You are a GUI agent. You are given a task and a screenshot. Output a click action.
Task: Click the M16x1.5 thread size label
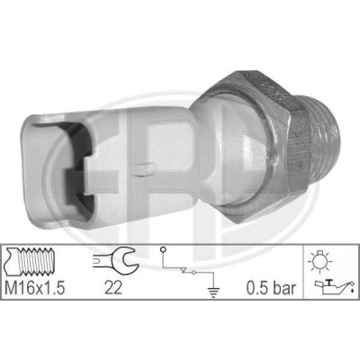35,288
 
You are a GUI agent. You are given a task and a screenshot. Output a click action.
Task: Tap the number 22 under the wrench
113,288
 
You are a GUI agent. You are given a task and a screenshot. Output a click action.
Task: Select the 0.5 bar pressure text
271,288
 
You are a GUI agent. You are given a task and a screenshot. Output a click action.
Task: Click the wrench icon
115,259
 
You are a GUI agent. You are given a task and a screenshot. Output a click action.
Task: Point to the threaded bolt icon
29,262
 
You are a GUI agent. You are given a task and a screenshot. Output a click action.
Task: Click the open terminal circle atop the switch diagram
163,249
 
